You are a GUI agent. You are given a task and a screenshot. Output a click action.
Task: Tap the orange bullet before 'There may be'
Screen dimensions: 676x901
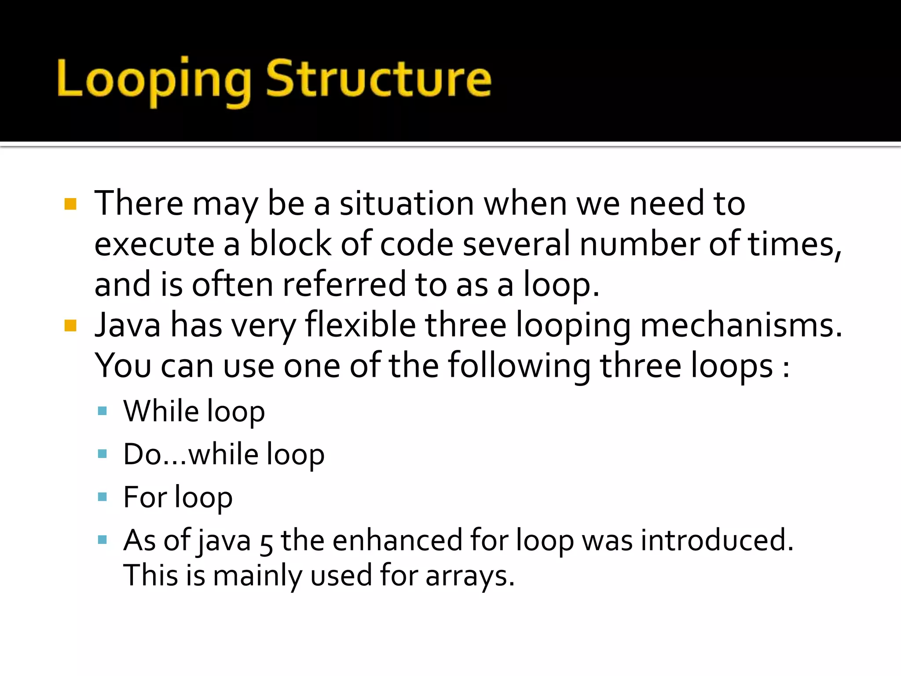(70, 204)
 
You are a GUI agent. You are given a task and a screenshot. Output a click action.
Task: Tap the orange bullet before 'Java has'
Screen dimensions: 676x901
(70, 326)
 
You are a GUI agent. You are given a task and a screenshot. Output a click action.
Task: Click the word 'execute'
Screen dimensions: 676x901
(154, 245)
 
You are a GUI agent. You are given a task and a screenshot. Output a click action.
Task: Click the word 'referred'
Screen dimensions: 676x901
(344, 285)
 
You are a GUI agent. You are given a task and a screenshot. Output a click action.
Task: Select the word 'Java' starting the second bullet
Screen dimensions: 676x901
(128, 325)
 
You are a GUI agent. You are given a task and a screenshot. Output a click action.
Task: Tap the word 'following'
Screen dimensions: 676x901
(519, 366)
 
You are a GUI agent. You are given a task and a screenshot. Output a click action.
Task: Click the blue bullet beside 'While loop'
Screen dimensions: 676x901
(103, 411)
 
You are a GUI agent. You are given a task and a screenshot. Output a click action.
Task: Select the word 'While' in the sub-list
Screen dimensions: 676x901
(161, 411)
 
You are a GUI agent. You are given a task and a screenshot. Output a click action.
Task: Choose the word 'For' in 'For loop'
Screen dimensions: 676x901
(144, 497)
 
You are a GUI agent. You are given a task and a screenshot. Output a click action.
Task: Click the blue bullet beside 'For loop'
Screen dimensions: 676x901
(103, 497)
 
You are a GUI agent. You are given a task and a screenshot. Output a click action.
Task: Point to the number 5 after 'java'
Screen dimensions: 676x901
(266, 542)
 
